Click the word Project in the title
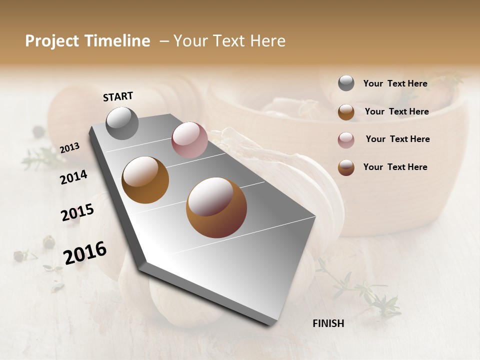click(x=52, y=41)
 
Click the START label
click(x=118, y=96)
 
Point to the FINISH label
click(x=328, y=323)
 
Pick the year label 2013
click(x=70, y=147)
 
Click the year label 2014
click(x=74, y=177)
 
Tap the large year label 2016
click(x=85, y=253)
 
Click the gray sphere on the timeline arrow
click(x=122, y=123)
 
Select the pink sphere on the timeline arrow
click(x=189, y=140)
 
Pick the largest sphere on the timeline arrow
click(x=216, y=207)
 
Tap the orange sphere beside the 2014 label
click(x=145, y=180)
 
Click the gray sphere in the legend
click(x=346, y=83)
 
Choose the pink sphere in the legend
click(x=346, y=140)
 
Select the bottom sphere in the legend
click(x=346, y=167)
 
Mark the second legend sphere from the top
click(x=346, y=112)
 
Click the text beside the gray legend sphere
click(x=395, y=83)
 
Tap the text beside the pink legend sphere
click(x=398, y=139)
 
